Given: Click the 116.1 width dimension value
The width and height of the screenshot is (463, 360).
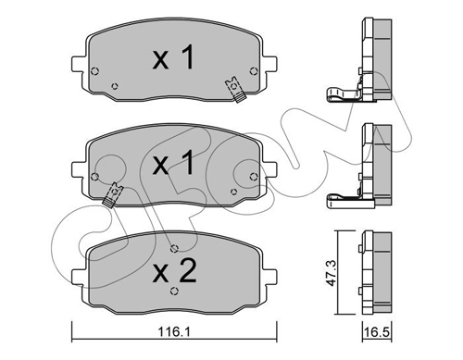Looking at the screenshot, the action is pos(174,331).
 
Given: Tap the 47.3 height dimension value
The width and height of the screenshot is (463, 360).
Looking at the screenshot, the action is pos(332,273).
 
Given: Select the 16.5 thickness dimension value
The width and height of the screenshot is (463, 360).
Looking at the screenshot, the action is pos(377,332).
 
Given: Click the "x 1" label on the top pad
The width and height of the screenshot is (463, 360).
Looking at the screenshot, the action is pos(174,57).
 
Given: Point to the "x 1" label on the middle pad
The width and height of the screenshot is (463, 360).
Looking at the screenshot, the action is pos(174,163).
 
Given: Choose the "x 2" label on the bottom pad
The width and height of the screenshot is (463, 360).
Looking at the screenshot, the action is pos(174,270).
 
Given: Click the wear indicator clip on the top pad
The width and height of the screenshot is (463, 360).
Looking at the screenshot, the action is pos(235,90).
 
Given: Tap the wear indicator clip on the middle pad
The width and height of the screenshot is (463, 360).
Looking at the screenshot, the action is pos(112,194).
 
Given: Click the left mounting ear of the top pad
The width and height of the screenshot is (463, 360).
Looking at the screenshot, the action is pos(78,64).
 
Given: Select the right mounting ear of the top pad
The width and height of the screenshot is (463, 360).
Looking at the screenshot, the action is pos(269,64).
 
